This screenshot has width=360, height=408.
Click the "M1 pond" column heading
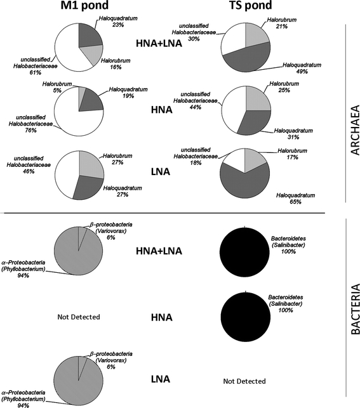pos(79,8)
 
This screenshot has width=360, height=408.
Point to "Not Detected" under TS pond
pos(244,381)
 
